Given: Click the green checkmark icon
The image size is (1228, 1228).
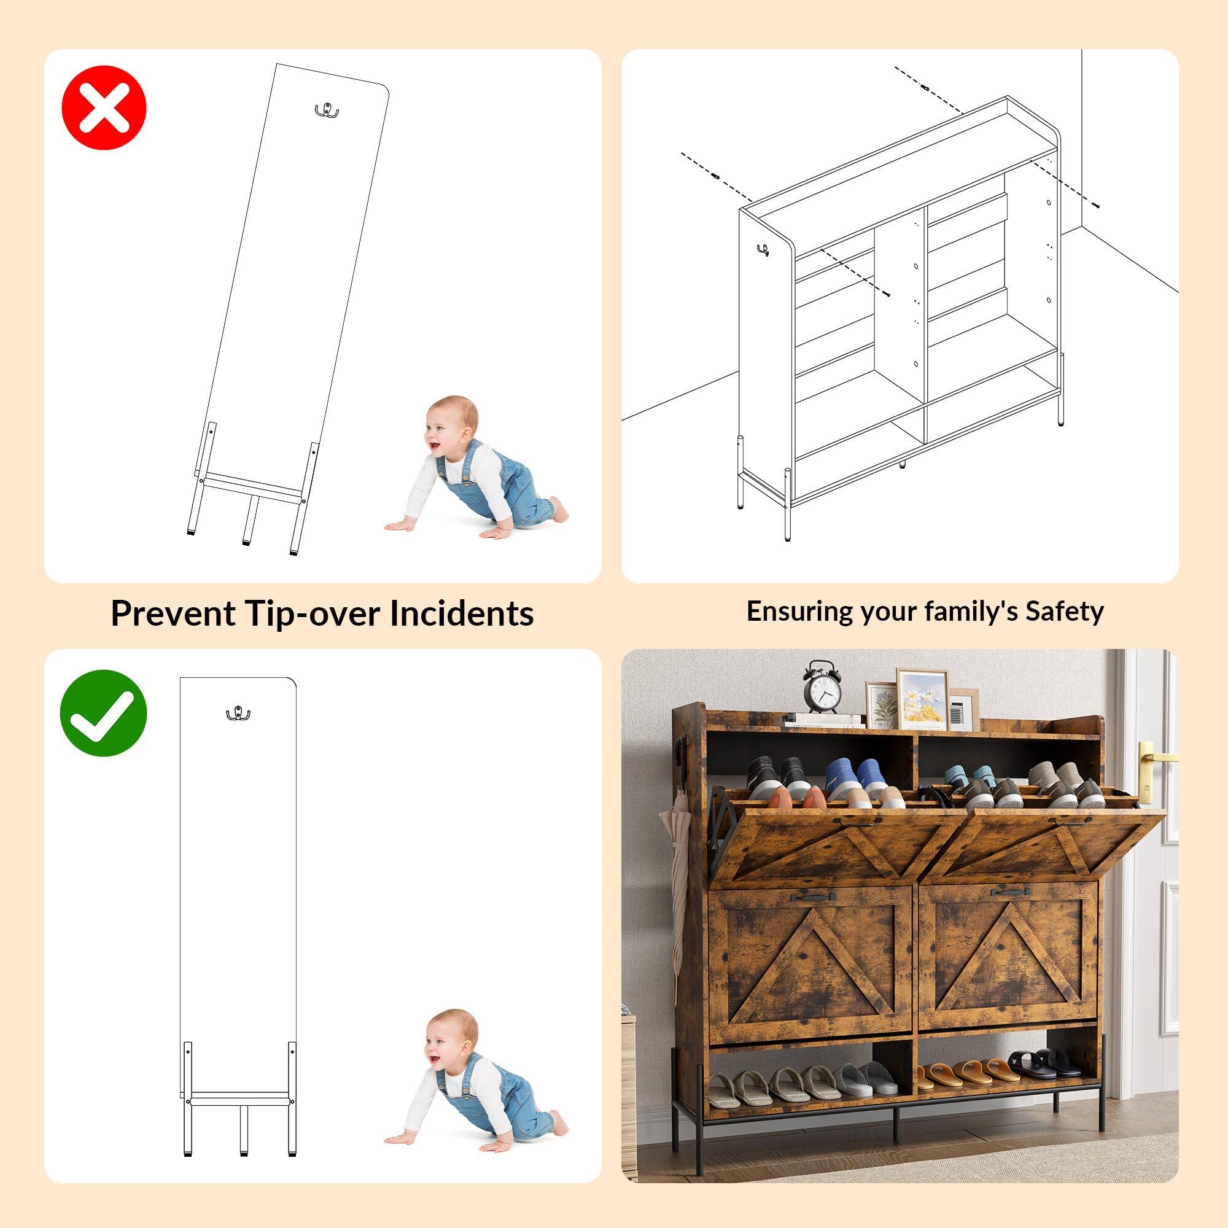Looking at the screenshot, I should coord(104,712).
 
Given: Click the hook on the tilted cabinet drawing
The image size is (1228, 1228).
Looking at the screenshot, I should coord(326,111).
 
